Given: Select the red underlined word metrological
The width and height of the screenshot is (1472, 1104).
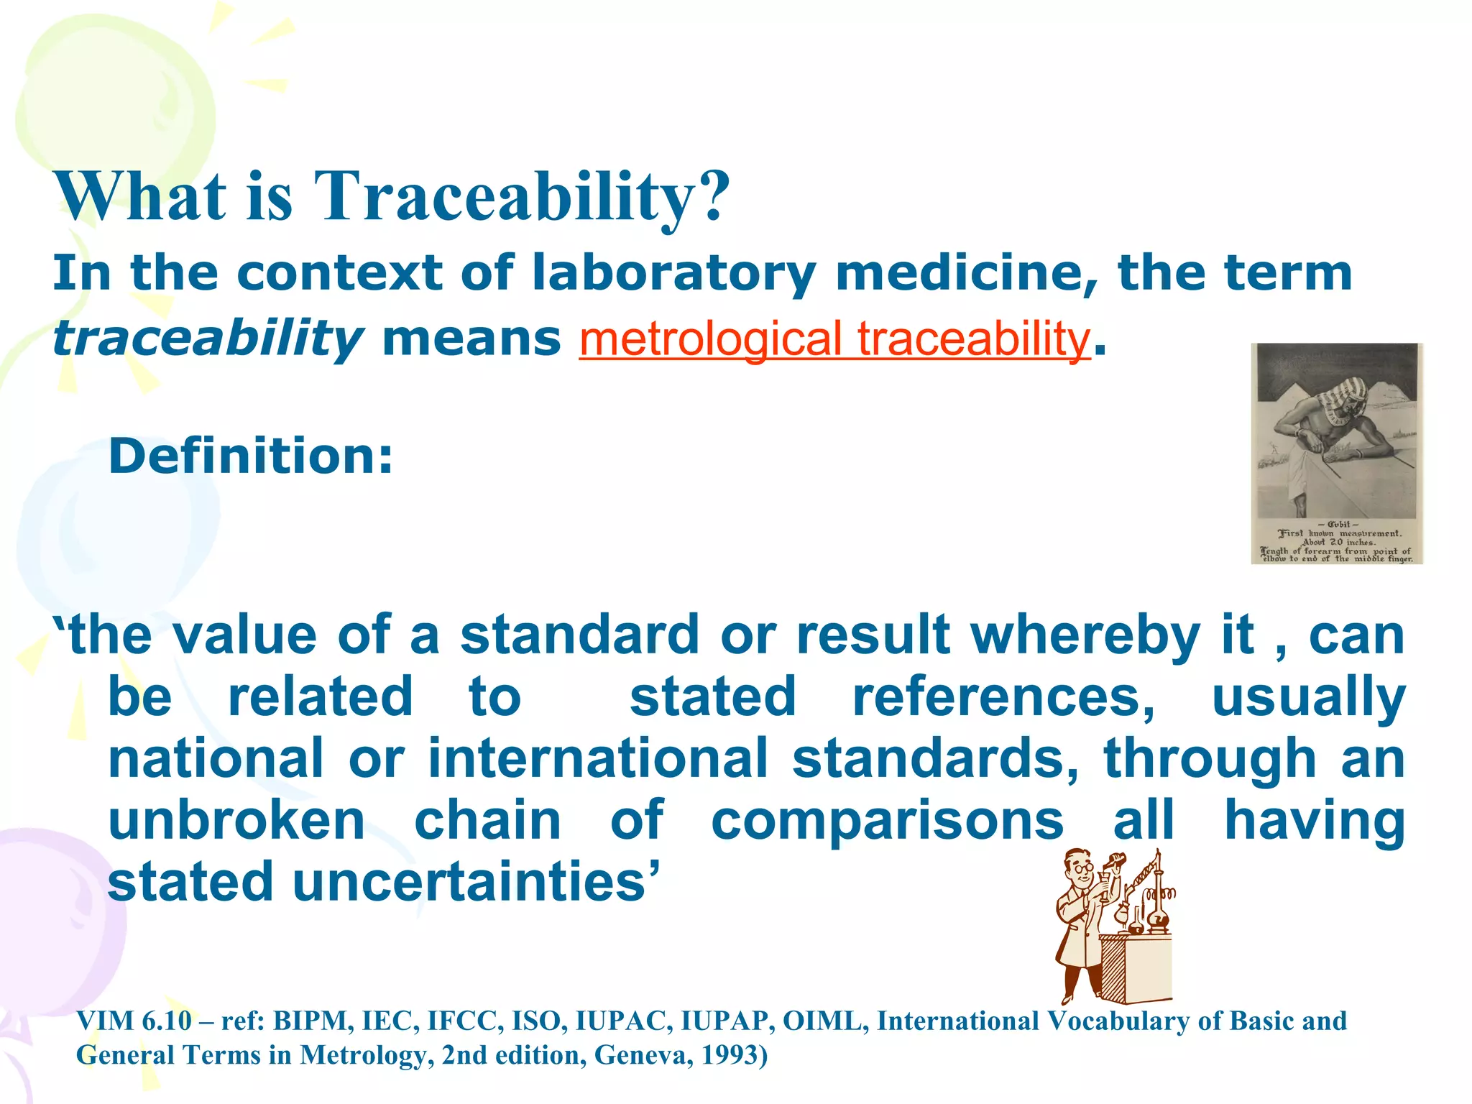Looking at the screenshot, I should point(710,339).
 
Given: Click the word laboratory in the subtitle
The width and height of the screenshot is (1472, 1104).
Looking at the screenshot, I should point(673,273).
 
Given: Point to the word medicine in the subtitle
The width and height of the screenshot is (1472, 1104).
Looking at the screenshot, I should point(967,273).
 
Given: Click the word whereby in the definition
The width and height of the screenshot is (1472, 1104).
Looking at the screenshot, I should point(1085,635).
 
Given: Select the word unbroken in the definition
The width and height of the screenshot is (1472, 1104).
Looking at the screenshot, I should point(236,821).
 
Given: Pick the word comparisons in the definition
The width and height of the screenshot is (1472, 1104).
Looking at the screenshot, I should point(887,821).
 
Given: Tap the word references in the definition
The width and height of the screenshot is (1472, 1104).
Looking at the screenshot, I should point(1003,697).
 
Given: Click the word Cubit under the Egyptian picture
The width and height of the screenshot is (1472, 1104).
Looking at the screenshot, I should point(1338,524).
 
